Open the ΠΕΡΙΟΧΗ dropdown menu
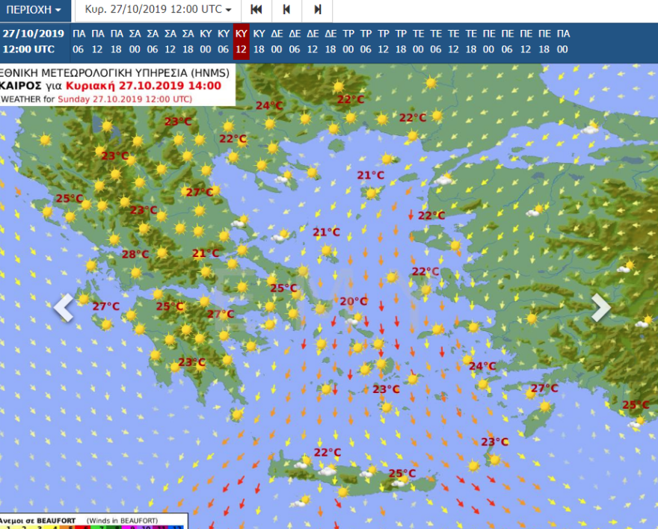[34, 10]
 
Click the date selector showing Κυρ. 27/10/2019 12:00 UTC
[158, 10]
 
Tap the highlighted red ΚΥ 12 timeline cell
[241, 41]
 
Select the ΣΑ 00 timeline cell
[135, 41]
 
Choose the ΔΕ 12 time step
[313, 41]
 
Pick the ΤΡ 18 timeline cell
[401, 41]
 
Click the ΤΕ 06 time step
[436, 41]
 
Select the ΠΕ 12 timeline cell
[526, 41]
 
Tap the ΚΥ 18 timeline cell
[259, 41]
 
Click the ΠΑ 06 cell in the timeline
[79, 41]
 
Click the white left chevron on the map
[64, 307]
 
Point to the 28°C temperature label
[135, 254]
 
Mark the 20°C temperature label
[354, 301]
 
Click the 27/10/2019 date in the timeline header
[33, 33]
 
